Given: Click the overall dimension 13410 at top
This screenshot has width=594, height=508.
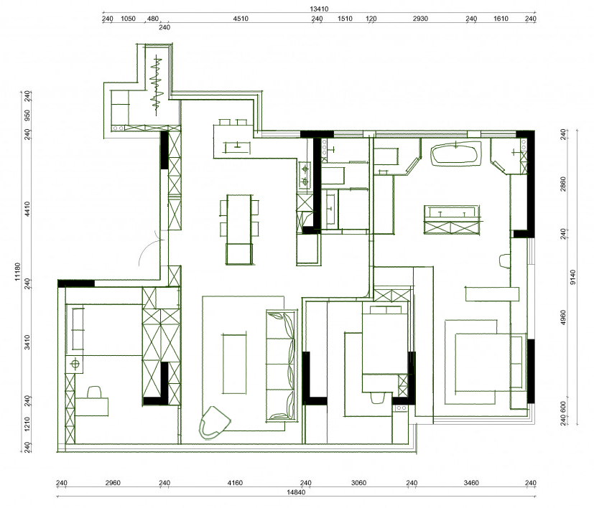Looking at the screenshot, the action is [x=319, y=9].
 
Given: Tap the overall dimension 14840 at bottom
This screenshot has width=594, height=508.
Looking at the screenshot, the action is [x=296, y=492].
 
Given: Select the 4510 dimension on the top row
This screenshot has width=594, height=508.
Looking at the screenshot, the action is [x=241, y=19].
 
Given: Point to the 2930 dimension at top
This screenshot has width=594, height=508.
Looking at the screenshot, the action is [x=420, y=19].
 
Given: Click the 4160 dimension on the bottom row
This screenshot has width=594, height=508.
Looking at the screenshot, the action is [x=235, y=483].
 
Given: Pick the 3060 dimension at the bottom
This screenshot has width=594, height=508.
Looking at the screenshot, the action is [x=358, y=483].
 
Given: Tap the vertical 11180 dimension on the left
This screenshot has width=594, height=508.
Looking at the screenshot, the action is [x=17, y=272].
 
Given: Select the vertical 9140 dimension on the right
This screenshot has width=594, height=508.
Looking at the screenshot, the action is [x=572, y=278].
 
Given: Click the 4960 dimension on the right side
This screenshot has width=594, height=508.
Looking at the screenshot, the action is [x=563, y=317].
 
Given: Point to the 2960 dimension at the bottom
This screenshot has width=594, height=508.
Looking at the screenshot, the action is [x=113, y=483].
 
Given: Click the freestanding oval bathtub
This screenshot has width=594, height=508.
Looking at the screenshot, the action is [x=456, y=154].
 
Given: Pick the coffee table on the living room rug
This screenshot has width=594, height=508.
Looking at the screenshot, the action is [x=234, y=364].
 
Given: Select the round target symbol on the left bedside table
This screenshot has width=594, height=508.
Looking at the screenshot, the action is [x=75, y=364].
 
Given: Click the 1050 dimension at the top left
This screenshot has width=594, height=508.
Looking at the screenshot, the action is [x=128, y=19].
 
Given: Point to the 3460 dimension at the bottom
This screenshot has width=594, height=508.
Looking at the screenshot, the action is [x=471, y=483].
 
